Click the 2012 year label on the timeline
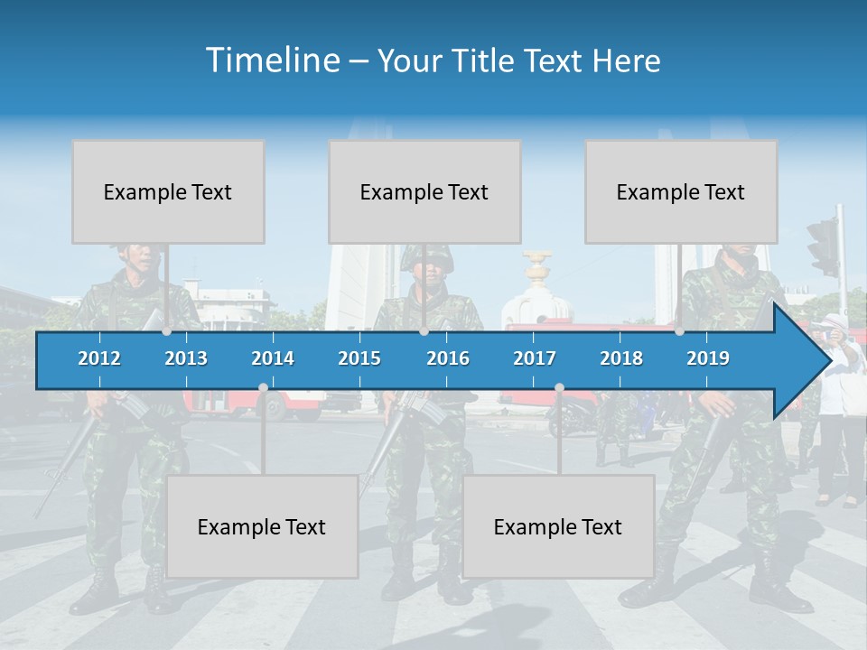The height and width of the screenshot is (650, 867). [99, 358]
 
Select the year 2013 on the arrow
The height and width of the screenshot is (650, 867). [186, 358]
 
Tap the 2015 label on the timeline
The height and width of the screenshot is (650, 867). [359, 358]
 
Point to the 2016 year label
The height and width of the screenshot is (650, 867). [448, 358]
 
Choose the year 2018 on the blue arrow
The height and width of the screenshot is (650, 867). [621, 358]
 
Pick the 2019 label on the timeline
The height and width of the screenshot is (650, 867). [708, 358]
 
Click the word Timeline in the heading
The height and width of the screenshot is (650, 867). [272, 60]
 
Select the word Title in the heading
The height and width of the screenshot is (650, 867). [488, 60]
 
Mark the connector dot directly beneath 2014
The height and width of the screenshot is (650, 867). [263, 387]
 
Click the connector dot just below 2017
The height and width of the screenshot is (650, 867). [559, 387]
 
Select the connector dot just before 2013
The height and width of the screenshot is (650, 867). [166, 331]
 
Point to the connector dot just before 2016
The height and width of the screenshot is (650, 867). [424, 331]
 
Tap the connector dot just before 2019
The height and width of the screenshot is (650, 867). [679, 331]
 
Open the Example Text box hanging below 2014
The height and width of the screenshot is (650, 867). [262, 526]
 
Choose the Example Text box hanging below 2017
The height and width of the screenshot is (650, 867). [558, 526]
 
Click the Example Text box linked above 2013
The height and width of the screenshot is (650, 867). [168, 191]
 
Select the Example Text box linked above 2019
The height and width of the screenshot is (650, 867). [681, 191]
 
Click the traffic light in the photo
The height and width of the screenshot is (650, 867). [823, 246]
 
